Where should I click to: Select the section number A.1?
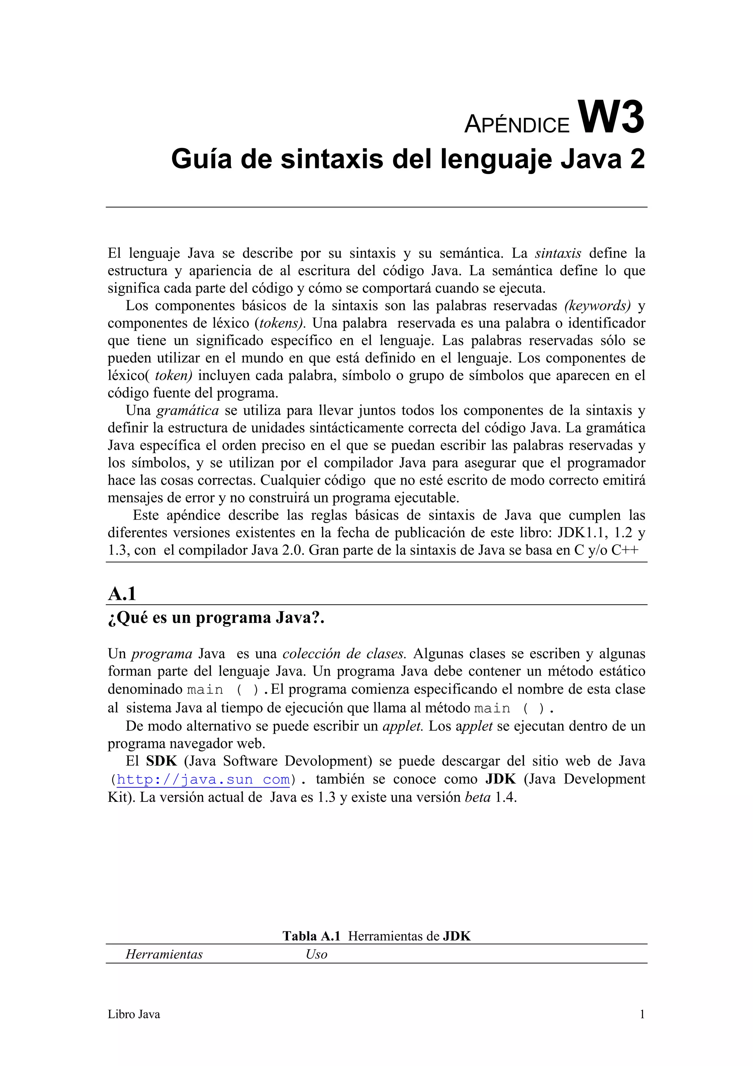click(122, 594)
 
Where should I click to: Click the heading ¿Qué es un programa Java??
click(216, 618)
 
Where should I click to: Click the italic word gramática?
click(188, 410)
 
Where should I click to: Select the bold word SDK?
click(161, 761)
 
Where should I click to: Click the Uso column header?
click(317, 955)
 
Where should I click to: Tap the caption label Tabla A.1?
click(311, 936)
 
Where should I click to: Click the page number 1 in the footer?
click(642, 1014)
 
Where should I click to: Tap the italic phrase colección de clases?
click(344, 654)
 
